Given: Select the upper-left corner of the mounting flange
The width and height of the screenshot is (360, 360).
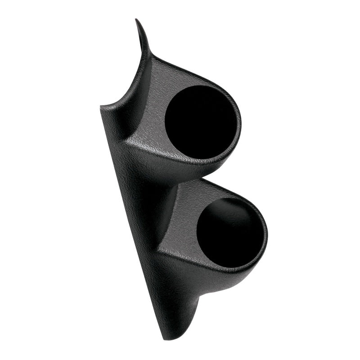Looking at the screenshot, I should [x=103, y=108].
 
